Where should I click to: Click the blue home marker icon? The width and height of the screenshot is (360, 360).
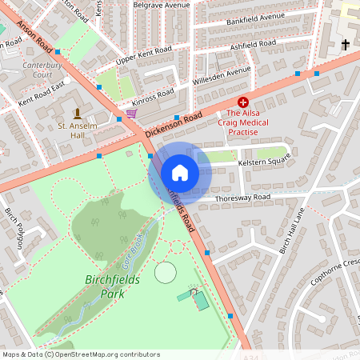(180, 173)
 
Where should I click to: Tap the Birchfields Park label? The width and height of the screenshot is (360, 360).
(111, 286)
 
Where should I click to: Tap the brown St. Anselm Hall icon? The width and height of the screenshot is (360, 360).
(77, 113)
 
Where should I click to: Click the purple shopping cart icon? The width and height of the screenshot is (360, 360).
(131, 114)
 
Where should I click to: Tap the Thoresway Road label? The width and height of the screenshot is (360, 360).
(242, 197)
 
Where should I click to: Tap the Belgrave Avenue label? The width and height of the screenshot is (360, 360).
(162, 4)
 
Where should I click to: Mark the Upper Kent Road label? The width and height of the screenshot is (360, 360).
(143, 55)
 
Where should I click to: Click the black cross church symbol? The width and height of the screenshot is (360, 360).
(346, 44)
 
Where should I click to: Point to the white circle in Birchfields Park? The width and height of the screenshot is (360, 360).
(165, 272)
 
